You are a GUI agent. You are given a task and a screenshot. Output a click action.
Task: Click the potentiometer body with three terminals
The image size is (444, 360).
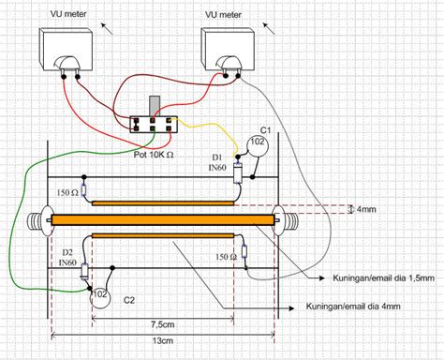pyautogui.click(x=155, y=122)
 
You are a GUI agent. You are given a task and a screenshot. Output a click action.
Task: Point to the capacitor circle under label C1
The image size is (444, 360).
pyautogui.click(x=258, y=143)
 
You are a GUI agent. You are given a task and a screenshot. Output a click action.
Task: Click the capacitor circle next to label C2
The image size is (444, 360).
pyautogui.click(x=97, y=297)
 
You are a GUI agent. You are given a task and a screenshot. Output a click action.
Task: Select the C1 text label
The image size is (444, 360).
pyautogui.click(x=265, y=127)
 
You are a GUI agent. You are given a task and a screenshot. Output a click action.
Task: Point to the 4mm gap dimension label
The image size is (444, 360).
pyautogui.click(x=360, y=208)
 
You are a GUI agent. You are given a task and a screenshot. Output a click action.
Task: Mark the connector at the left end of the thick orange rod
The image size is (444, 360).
pyautogui.click(x=41, y=220)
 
